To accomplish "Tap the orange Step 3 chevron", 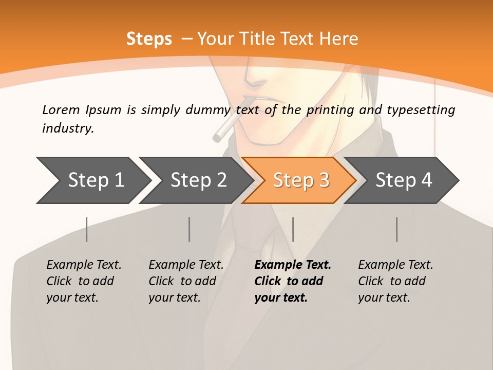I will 301,180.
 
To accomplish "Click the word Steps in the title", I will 149,39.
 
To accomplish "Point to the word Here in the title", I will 338,39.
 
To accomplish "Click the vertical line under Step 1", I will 87,229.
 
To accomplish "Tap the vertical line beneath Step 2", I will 189,229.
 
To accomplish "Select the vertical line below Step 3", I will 293,229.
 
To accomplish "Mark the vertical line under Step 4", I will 397,229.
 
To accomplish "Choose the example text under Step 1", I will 84,281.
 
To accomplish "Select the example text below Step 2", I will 186,281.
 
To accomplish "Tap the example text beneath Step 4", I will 395,281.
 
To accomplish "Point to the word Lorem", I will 61,109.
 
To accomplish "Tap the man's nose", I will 254,77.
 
